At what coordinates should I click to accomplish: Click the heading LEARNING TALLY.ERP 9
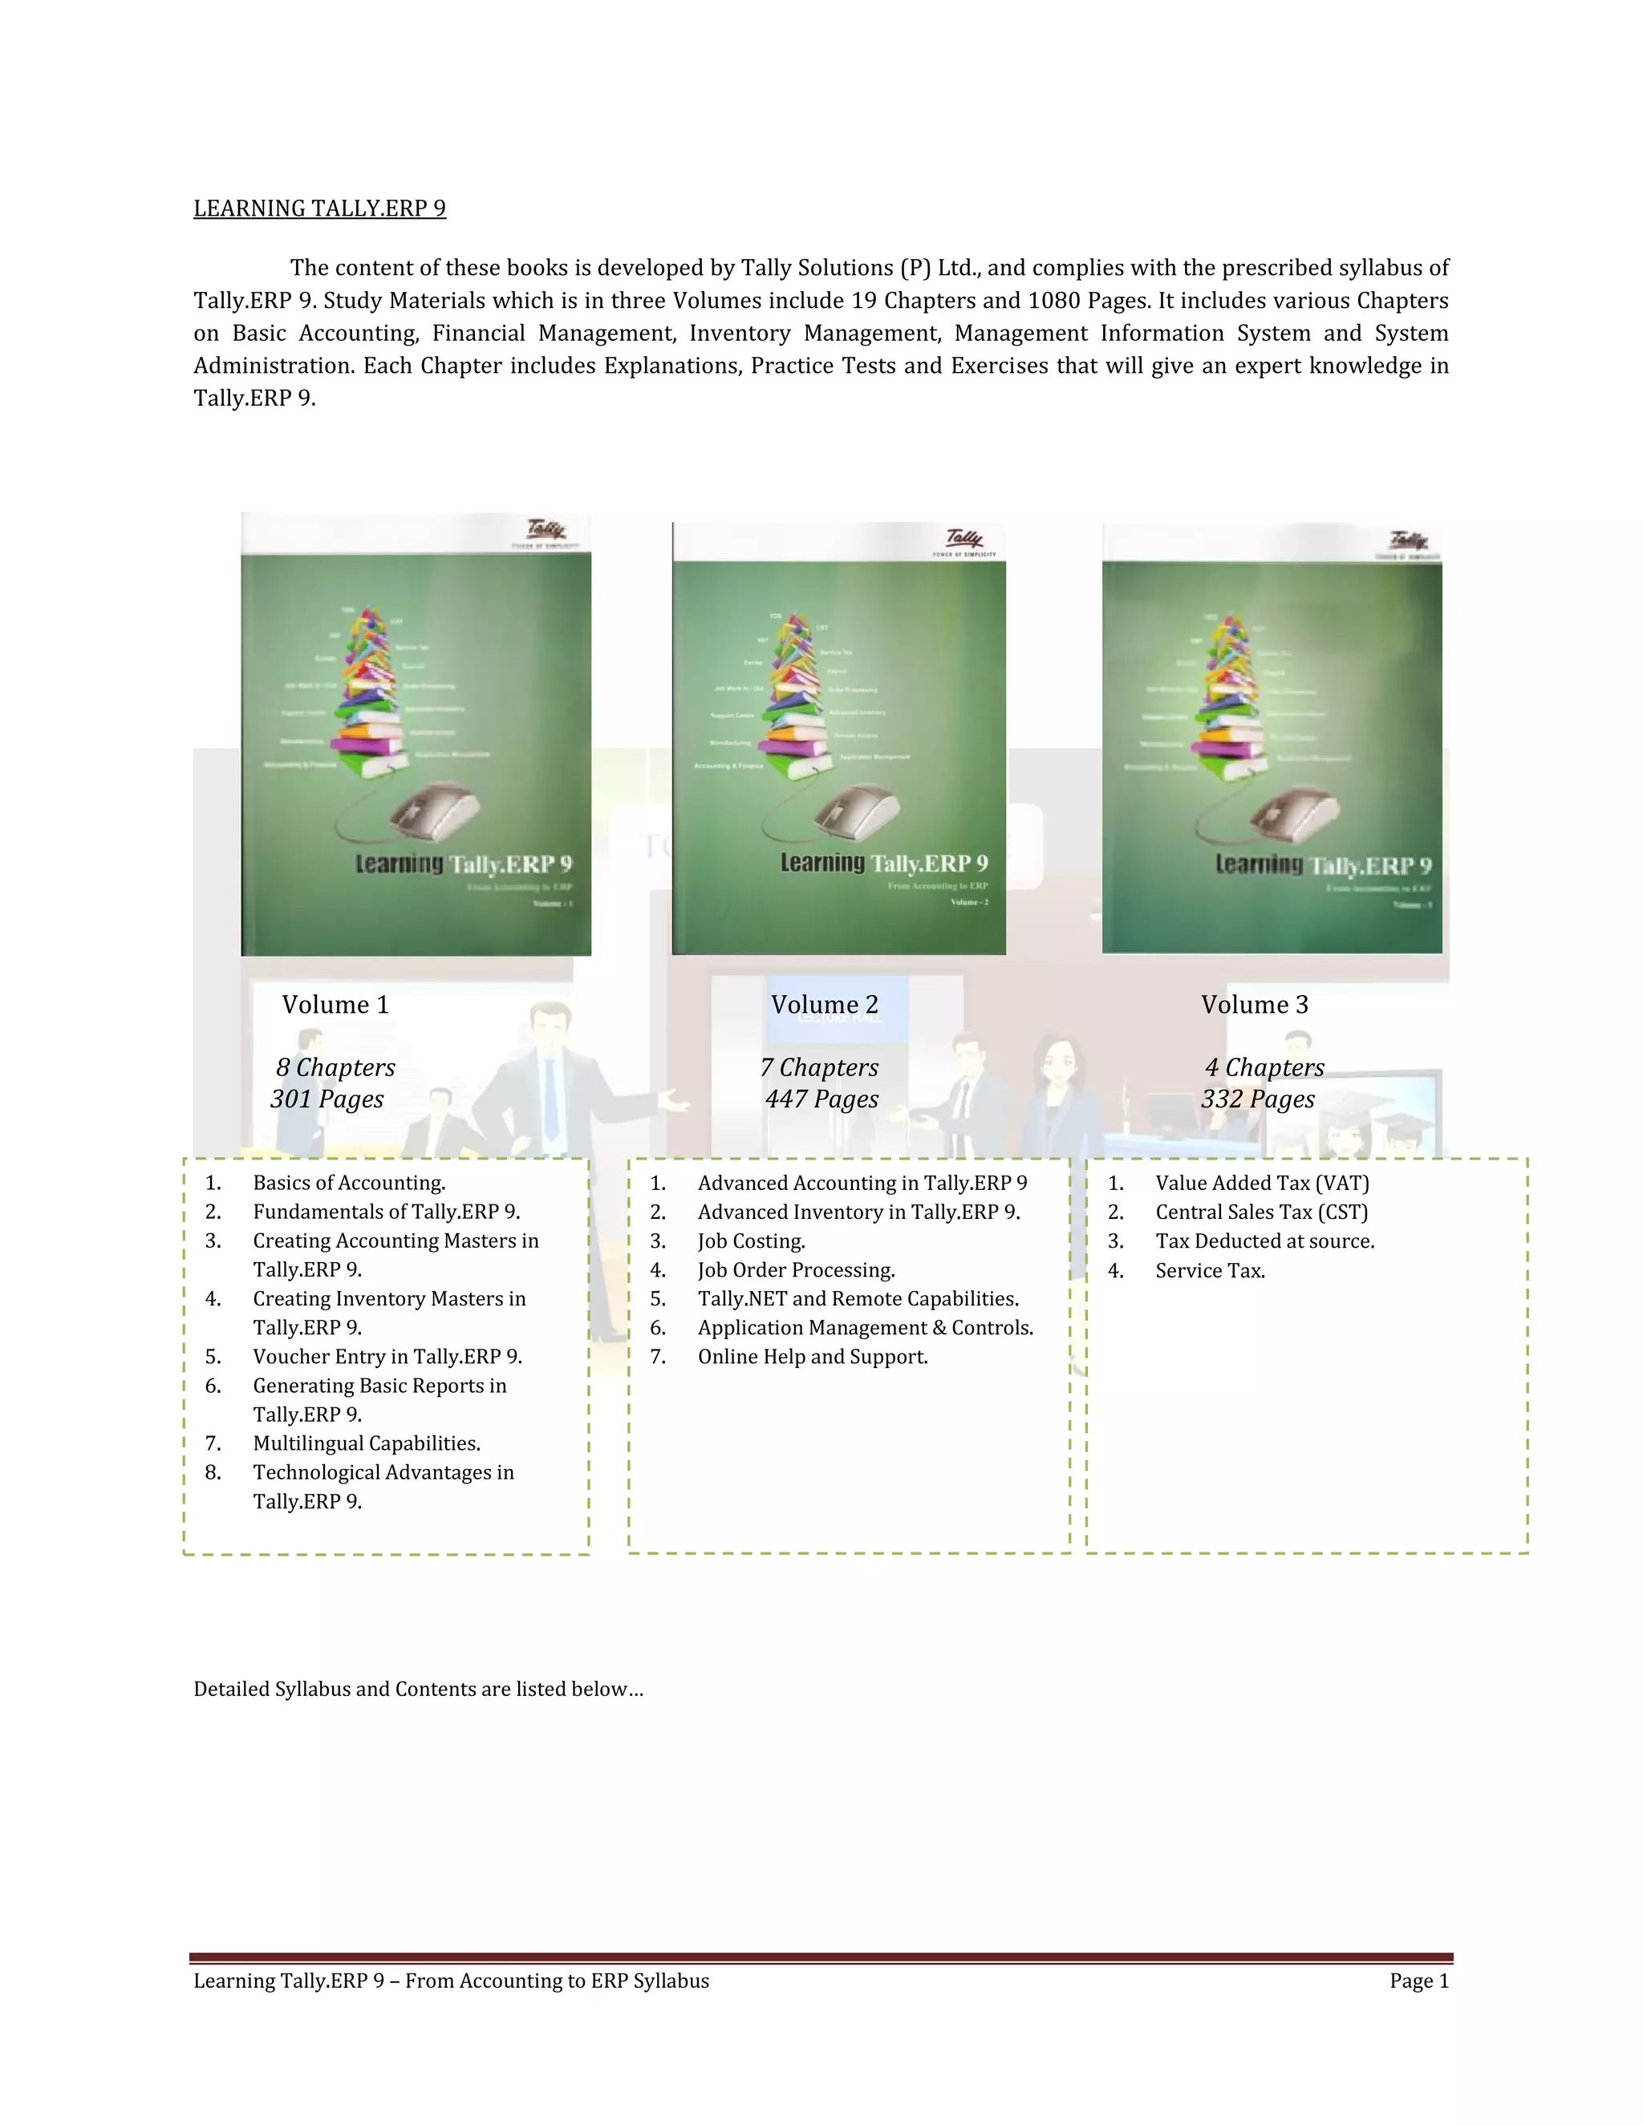[x=319, y=208]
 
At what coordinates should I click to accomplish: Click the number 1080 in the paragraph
[x=1054, y=301]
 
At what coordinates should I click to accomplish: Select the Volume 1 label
[x=336, y=1005]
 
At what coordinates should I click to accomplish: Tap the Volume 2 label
[x=825, y=1005]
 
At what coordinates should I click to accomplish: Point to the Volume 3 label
[x=1255, y=1005]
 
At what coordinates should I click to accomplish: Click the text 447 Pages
[x=821, y=1099]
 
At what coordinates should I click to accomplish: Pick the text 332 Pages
[x=1258, y=1099]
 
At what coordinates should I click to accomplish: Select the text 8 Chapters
[x=336, y=1067]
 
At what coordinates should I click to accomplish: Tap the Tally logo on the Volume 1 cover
[x=546, y=531]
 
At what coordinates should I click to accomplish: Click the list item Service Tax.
[x=1210, y=1271]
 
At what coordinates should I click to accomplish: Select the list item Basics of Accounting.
[x=348, y=1183]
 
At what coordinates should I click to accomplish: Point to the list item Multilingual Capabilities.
[x=366, y=1444]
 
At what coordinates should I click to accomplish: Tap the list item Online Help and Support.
[x=812, y=1358]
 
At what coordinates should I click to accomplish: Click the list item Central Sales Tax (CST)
[x=1261, y=1212]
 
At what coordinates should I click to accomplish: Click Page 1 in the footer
[x=1419, y=1981]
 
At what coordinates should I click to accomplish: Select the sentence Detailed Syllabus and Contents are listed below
[x=417, y=1689]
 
